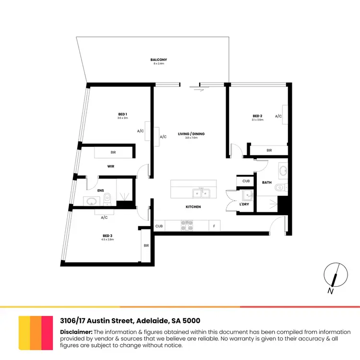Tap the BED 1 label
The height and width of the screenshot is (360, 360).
[x=122, y=114]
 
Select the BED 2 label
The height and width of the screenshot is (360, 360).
[x=257, y=116]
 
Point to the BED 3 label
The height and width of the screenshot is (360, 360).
[x=108, y=235]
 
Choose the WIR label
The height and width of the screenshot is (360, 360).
[x=110, y=166]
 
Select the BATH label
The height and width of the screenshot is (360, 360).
[x=267, y=183]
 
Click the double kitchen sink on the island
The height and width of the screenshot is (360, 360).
[x=201, y=193]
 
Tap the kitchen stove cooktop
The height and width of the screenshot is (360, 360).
[x=186, y=225]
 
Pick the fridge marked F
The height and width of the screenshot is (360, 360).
[x=214, y=225]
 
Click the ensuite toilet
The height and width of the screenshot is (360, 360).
[x=108, y=197]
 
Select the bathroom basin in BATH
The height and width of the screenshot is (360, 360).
[x=283, y=170]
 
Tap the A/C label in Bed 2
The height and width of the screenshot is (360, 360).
[x=278, y=116]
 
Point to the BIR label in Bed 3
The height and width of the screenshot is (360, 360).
[x=145, y=245]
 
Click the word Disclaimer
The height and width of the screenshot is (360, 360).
[x=76, y=332]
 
